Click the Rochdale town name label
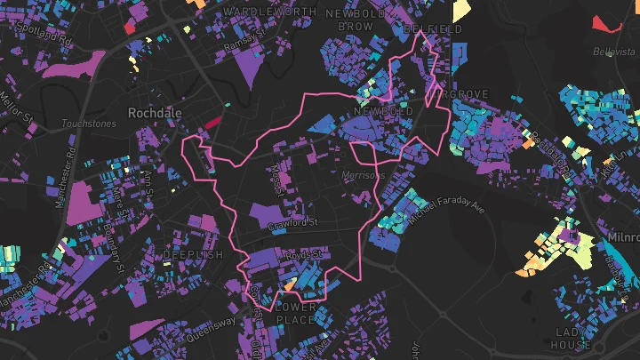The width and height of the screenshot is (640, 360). (155, 113)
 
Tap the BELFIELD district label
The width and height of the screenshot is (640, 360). (433, 29)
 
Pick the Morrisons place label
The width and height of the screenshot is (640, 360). (363, 176)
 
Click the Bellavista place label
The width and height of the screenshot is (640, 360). (611, 51)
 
